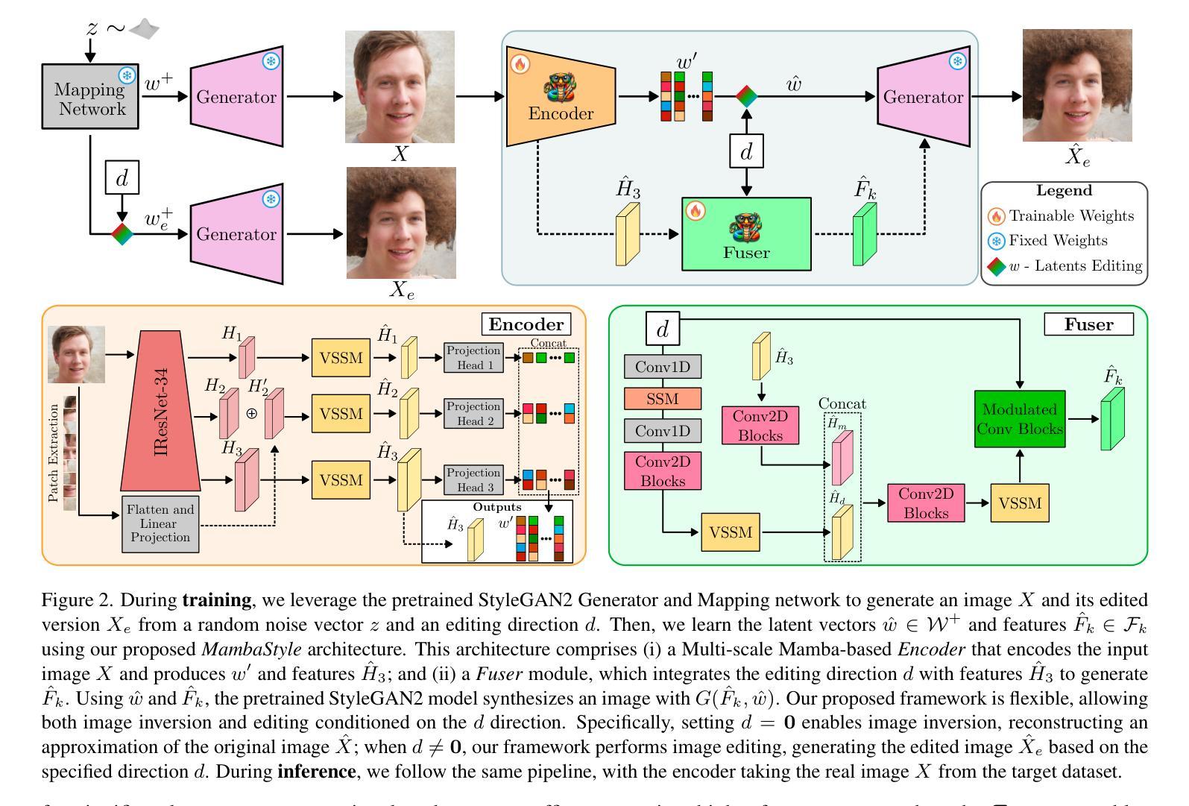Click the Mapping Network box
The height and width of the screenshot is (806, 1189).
click(89, 97)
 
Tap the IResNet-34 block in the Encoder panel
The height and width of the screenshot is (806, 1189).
click(165, 411)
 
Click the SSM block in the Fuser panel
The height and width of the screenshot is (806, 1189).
click(663, 399)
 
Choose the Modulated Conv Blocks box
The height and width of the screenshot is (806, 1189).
click(1019, 419)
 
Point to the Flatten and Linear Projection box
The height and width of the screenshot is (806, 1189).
click(160, 523)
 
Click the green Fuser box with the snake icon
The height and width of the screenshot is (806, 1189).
click(746, 233)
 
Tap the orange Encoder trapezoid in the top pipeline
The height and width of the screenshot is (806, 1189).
click(561, 97)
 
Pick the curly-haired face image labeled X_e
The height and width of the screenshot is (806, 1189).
click(401, 223)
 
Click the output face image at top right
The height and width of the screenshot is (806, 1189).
click(1077, 85)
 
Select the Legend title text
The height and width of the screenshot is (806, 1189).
click(1064, 191)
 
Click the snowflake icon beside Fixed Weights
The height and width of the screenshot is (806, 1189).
click(996, 241)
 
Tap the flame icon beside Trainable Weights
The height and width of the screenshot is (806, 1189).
click(996, 216)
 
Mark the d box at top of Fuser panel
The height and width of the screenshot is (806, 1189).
click(663, 328)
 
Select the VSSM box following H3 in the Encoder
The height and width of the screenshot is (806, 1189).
click(341, 480)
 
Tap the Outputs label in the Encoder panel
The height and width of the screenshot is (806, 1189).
click(497, 508)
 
